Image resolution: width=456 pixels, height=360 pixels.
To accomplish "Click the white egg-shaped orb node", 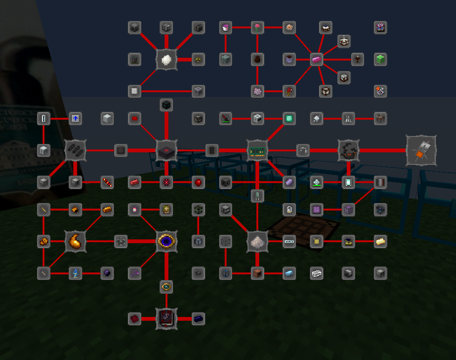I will pyautogui.click(x=167, y=60).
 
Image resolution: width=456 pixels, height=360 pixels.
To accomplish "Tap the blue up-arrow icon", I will pyautogui.click(x=75, y=118).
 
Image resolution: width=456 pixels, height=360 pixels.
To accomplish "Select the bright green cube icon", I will pyautogui.click(x=381, y=59).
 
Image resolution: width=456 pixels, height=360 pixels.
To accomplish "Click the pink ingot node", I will pyautogui.click(x=316, y=60).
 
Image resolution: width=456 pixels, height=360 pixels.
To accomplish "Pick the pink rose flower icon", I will pyautogui.click(x=257, y=27).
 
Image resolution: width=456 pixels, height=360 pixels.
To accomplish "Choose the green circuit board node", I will pyautogui.click(x=257, y=150).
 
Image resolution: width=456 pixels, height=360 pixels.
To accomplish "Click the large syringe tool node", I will pyautogui.click(x=421, y=150).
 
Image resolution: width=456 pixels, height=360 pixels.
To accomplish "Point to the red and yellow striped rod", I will pyautogui.click(x=107, y=182).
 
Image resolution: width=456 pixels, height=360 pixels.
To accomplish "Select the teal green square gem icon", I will pyautogui.click(x=289, y=118).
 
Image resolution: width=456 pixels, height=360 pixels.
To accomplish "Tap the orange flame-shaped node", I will pyautogui.click(x=75, y=241).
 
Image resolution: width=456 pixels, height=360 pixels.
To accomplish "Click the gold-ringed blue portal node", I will pyautogui.click(x=167, y=241).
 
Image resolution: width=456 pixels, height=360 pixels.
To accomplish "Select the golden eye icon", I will pyautogui.click(x=166, y=286).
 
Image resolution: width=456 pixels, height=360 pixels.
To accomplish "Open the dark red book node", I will pyautogui.click(x=167, y=318).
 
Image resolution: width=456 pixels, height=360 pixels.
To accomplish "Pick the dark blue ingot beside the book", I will pyautogui.click(x=198, y=318).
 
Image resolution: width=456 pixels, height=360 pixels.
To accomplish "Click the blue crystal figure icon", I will pyautogui.click(x=75, y=273).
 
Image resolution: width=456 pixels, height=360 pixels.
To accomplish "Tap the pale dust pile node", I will pyautogui.click(x=257, y=241).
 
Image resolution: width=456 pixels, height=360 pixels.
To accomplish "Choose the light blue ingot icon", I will pyautogui.click(x=289, y=273).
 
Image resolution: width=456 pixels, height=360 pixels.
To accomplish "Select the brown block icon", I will pyautogui.click(x=257, y=273).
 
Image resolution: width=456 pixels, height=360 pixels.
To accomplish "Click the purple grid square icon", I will pyautogui.click(x=316, y=209).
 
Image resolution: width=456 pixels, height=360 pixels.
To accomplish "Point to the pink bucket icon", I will pyautogui.click(x=226, y=27).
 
